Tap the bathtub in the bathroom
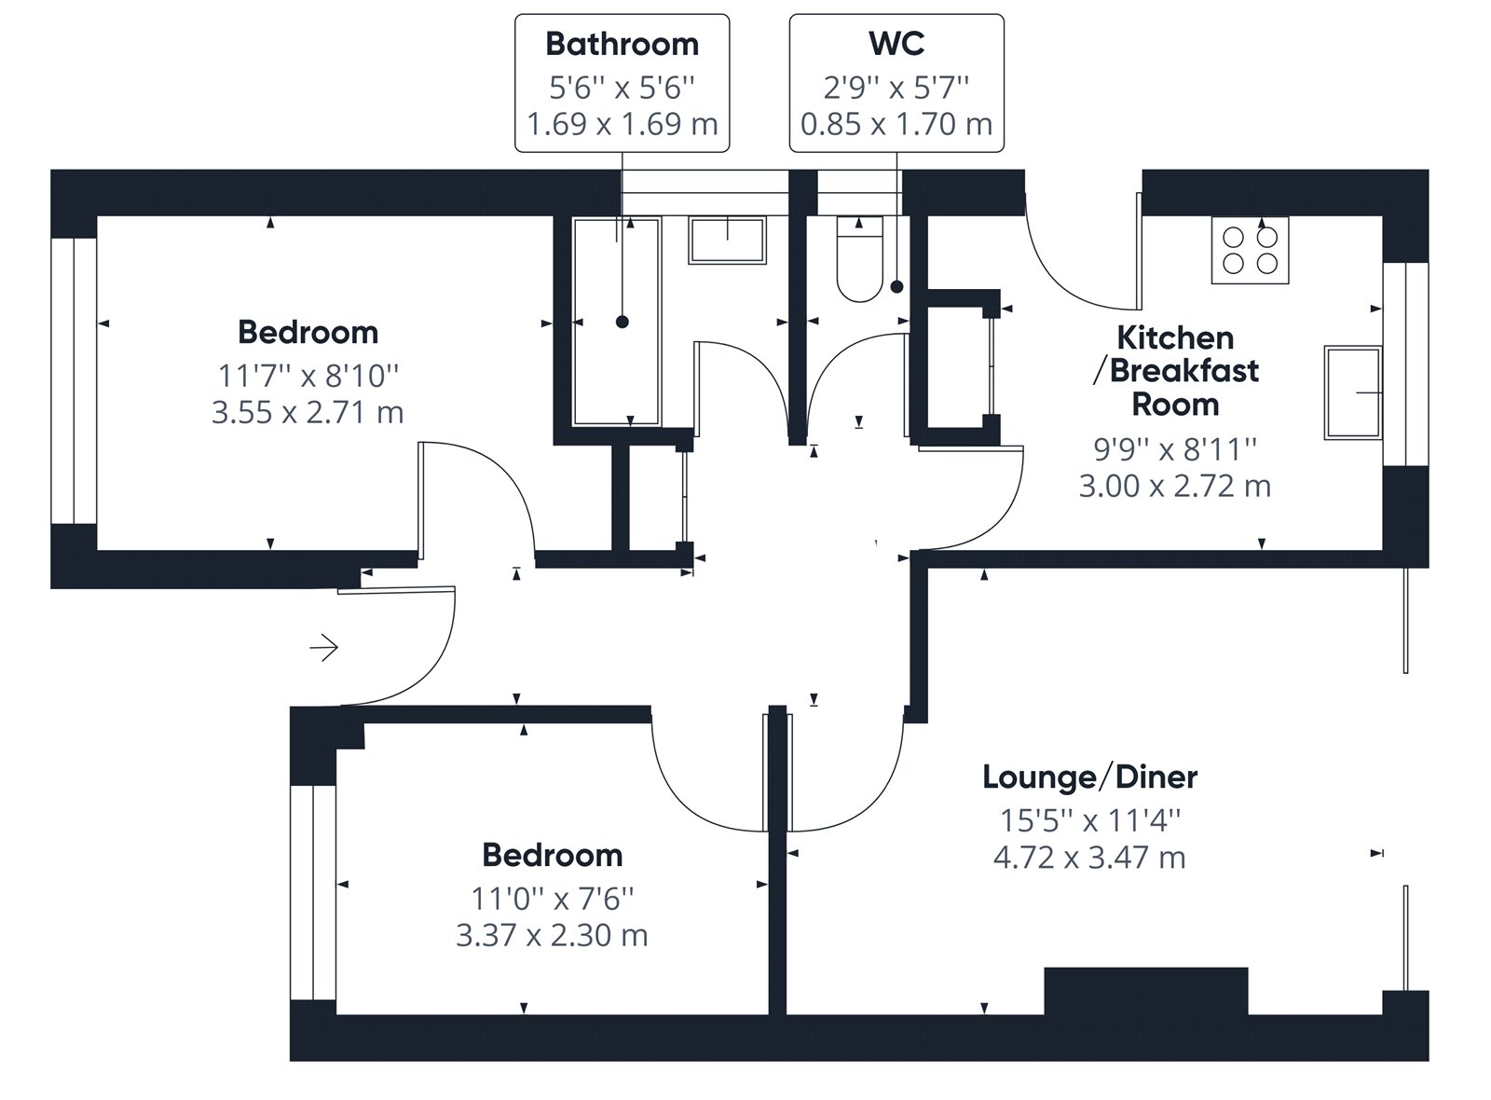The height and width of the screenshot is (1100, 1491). pyautogui.click(x=616, y=322)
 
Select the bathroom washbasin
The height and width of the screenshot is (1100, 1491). pyautogui.click(x=728, y=241)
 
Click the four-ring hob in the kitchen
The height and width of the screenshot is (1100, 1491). pyautogui.click(x=1250, y=251)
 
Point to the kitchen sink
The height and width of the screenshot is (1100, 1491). pyautogui.click(x=1353, y=392)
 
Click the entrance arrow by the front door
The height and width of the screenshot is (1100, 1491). pyautogui.click(x=324, y=647)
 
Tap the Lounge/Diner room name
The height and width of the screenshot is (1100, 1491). pyautogui.click(x=1089, y=777)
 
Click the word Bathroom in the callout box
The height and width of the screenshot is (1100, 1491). pyautogui.click(x=622, y=45)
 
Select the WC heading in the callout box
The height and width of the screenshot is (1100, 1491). pyautogui.click(x=896, y=44)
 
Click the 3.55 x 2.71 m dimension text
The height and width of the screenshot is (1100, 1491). pyautogui.click(x=308, y=412)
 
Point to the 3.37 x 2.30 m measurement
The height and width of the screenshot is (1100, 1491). pyautogui.click(x=552, y=935)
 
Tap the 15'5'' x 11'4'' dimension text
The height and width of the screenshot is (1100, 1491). pyautogui.click(x=1090, y=820)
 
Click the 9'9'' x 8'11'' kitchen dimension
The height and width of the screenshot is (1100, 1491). pyautogui.click(x=1175, y=449)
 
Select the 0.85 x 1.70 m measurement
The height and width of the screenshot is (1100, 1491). pyautogui.click(x=896, y=124)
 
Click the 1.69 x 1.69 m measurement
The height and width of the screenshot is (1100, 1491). pyautogui.click(x=622, y=124)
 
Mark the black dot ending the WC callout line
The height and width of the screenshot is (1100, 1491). pyautogui.click(x=897, y=287)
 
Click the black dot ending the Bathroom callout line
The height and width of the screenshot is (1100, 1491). pyautogui.click(x=622, y=323)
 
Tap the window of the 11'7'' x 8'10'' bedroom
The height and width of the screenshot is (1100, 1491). pyautogui.click(x=74, y=381)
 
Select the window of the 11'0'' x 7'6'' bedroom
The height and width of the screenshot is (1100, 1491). pyautogui.click(x=313, y=892)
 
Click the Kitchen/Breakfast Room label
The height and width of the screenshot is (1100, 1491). pyautogui.click(x=1175, y=371)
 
